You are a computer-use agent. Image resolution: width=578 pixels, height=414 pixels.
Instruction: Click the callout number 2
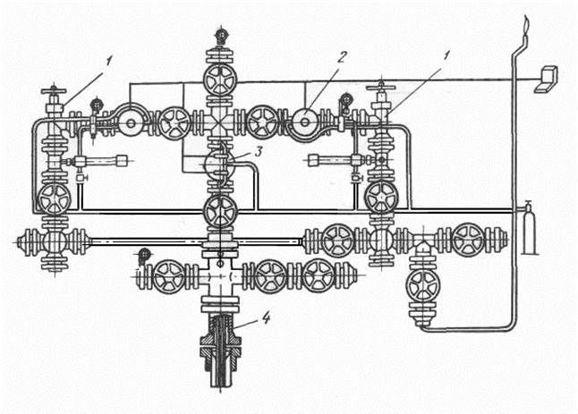point(342,57)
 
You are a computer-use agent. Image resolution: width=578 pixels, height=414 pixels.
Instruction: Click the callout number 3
point(259,151)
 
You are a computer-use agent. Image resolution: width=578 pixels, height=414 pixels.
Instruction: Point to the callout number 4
point(266,317)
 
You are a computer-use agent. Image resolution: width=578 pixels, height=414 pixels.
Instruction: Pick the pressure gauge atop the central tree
point(221,34)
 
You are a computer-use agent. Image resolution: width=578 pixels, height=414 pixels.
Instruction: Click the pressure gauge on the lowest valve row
point(144,255)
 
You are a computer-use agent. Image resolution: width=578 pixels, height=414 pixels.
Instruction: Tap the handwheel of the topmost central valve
point(221,80)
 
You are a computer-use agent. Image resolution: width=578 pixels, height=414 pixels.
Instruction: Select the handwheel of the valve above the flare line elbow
point(423,286)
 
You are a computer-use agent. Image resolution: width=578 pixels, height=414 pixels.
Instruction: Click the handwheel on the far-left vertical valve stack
point(55,199)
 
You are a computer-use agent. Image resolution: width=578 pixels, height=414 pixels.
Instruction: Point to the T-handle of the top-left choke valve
point(54,90)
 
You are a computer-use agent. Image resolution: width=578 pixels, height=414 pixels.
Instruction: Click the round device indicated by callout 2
point(304,123)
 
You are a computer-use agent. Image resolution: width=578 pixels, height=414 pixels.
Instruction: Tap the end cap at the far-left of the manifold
point(23,242)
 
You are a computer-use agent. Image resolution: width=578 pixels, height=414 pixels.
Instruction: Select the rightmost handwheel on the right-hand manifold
point(468,240)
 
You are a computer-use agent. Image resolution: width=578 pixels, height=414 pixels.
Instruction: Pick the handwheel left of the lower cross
point(169,277)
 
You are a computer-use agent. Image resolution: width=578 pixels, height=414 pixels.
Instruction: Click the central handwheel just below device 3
point(221,211)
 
